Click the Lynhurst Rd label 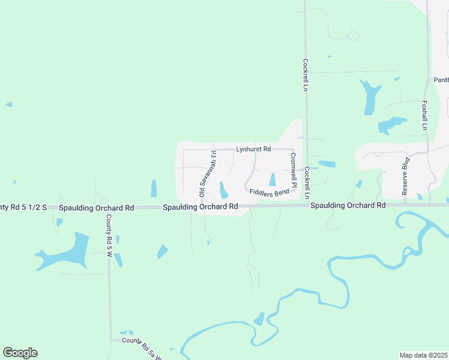253,149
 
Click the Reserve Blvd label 405,176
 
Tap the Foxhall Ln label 424,115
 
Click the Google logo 20,353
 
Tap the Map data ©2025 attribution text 423,355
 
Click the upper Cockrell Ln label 306,74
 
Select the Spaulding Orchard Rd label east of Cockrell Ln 348,205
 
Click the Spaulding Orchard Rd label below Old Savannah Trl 200,207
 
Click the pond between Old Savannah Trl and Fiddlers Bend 223,190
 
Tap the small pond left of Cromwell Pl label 273,179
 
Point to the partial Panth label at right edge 441,80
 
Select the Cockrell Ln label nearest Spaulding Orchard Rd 307,183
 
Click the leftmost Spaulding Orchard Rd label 96,208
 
